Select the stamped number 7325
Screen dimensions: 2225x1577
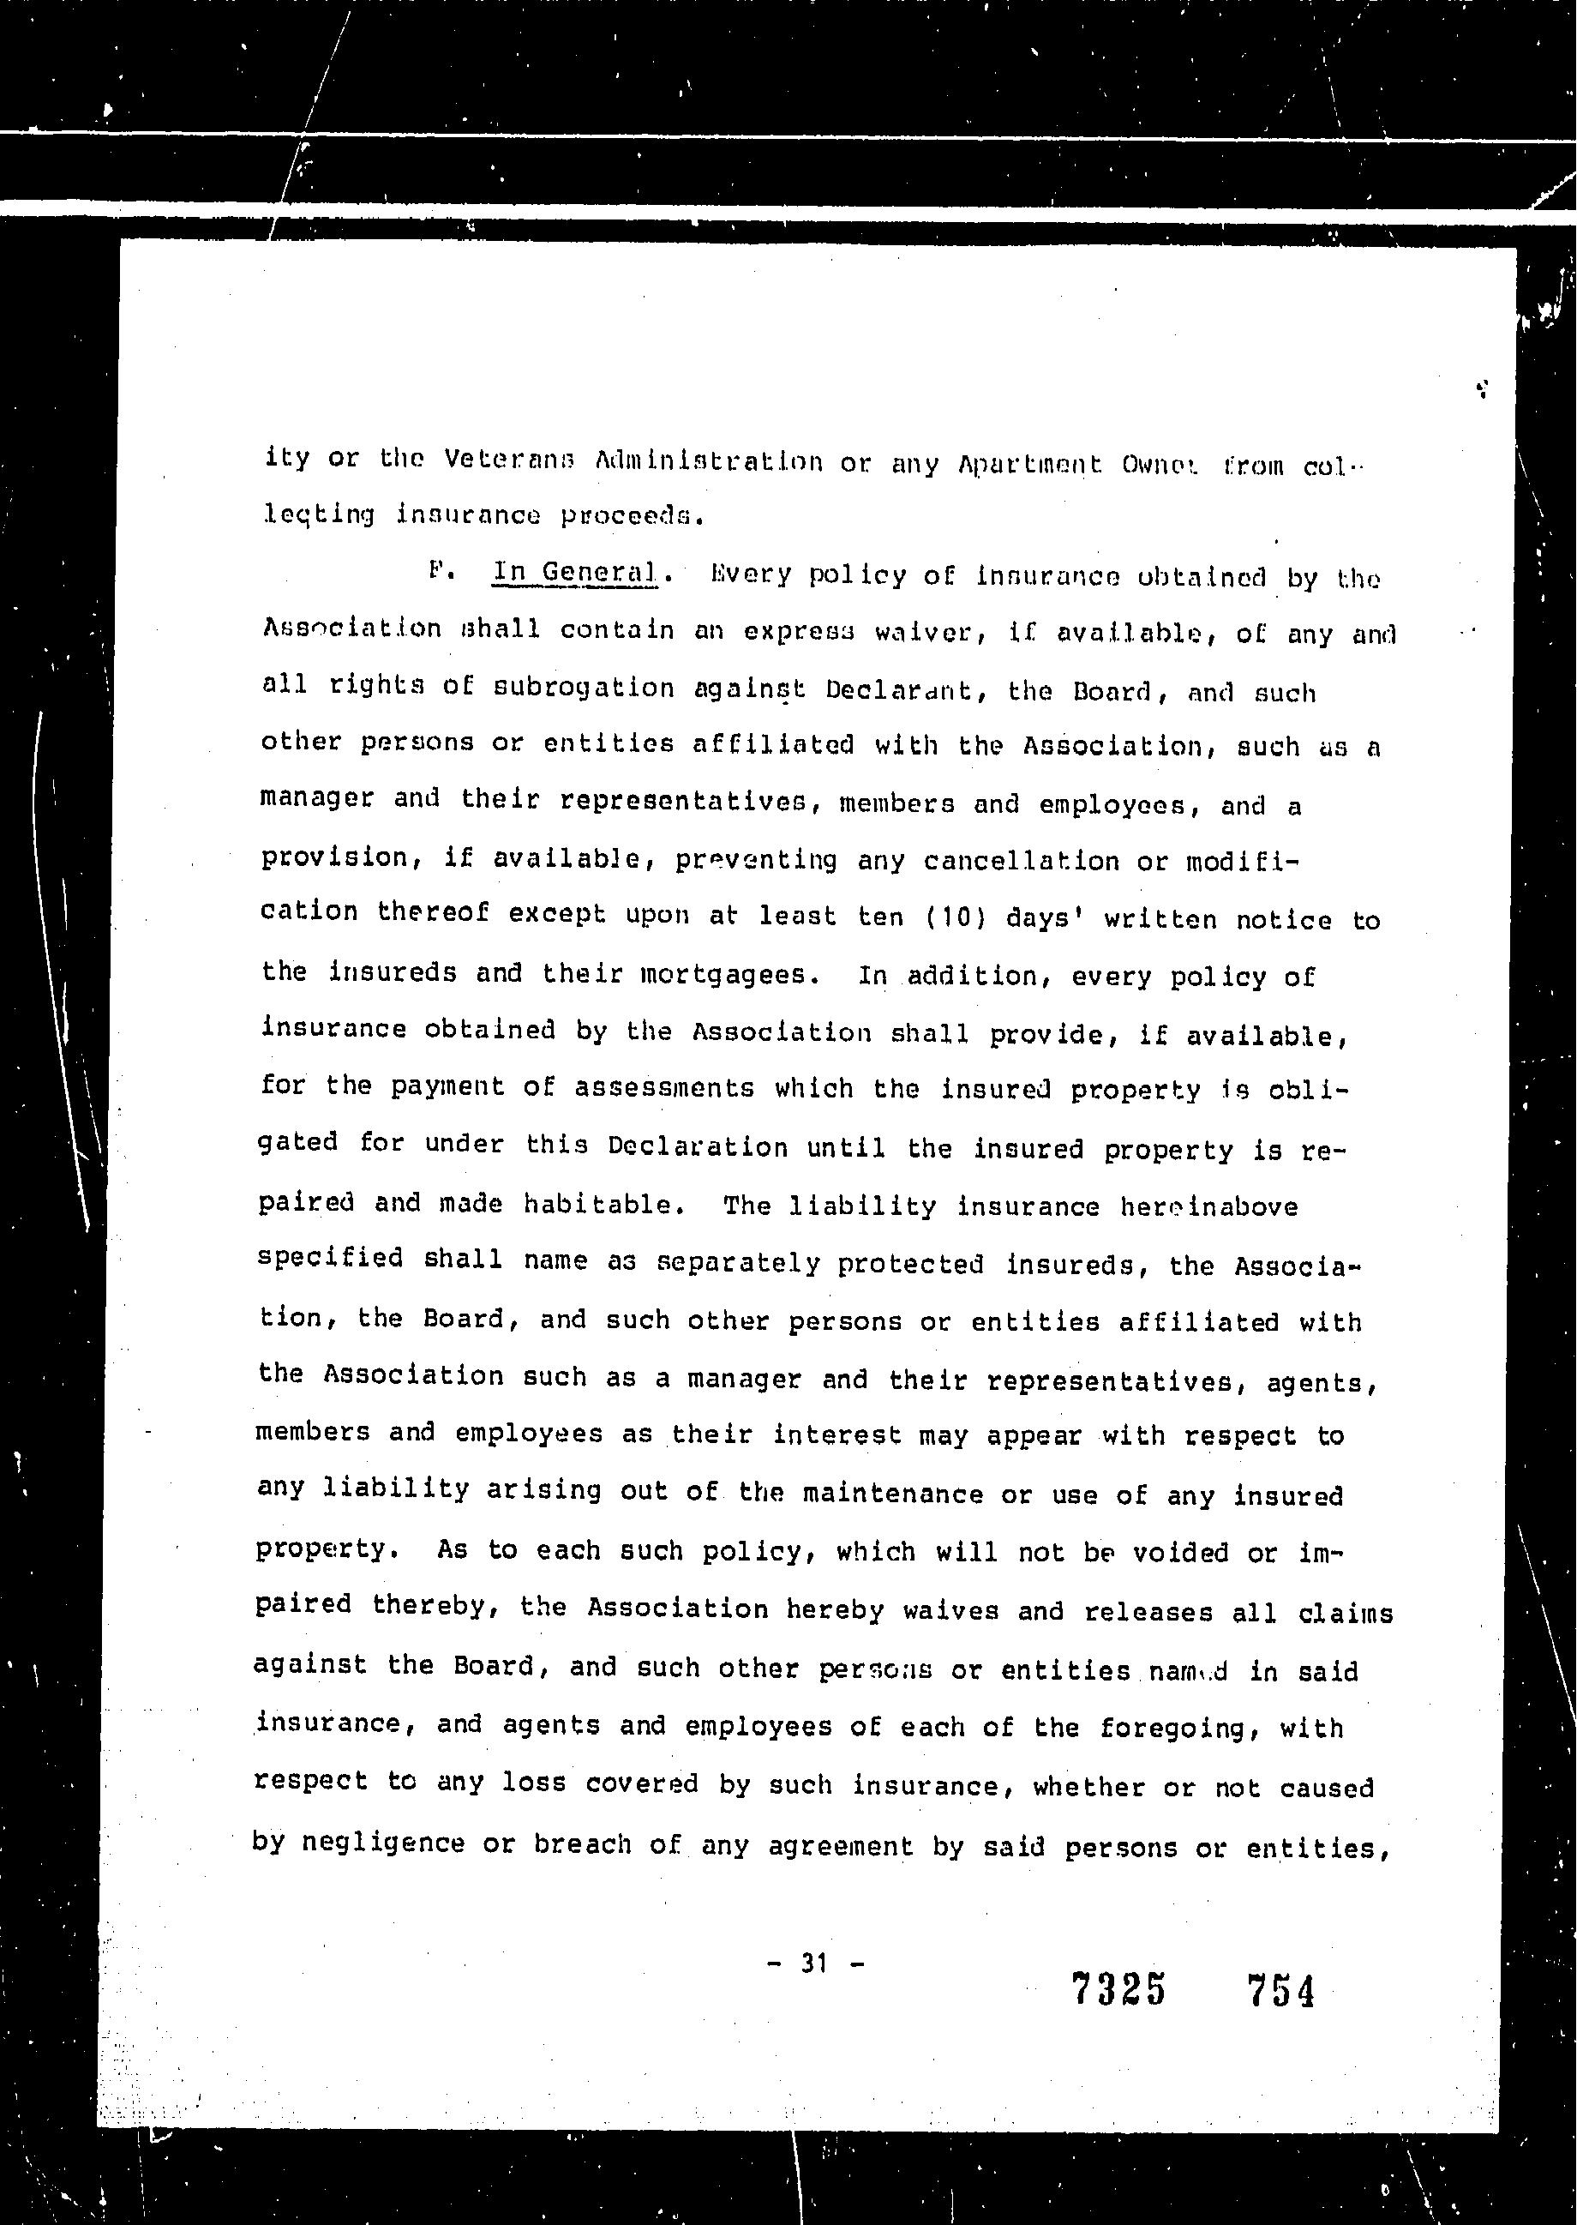pyautogui.click(x=1118, y=1991)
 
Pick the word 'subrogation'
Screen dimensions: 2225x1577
pyautogui.click(x=583, y=688)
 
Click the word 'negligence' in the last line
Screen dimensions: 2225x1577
pyautogui.click(x=384, y=1843)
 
